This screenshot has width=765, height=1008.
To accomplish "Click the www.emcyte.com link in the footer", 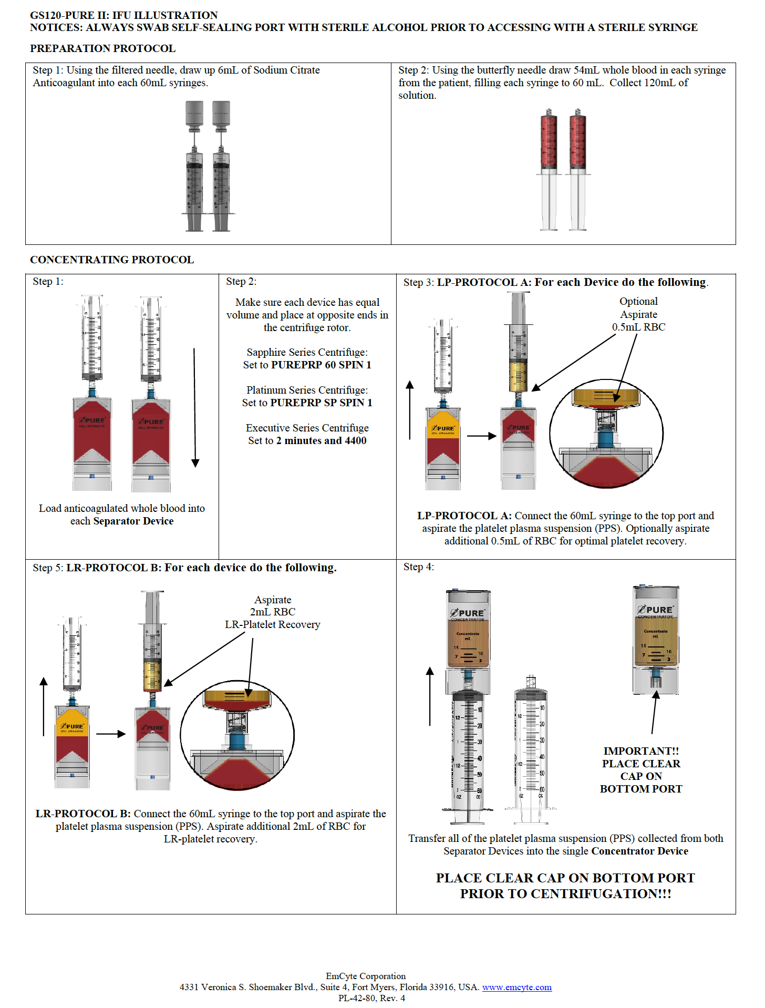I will point(516,987).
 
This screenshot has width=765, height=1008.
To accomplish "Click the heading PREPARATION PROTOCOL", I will point(102,48).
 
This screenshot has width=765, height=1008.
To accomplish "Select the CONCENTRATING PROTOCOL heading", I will point(112,260).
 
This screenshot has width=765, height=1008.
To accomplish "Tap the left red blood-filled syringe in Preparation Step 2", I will point(549,142).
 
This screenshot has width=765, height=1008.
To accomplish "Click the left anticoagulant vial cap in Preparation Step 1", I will point(194,113).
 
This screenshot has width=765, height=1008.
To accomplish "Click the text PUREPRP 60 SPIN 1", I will point(321,365).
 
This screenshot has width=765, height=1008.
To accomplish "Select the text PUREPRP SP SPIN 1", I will point(321,403).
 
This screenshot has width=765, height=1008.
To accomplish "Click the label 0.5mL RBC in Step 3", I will point(638,327).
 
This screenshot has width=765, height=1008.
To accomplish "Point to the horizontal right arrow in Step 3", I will point(481,436).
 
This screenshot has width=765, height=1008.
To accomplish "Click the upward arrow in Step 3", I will point(410,410).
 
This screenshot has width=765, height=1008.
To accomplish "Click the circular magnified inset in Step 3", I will point(606,434).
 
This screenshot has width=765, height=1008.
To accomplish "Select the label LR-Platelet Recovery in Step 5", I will point(272,624).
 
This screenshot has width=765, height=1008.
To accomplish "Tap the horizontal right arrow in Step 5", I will point(111,734).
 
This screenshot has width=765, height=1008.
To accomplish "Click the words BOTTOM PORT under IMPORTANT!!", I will point(640,789).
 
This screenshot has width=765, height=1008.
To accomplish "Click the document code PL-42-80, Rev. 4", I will point(371,998).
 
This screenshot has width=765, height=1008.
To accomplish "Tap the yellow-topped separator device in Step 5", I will point(72,746).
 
